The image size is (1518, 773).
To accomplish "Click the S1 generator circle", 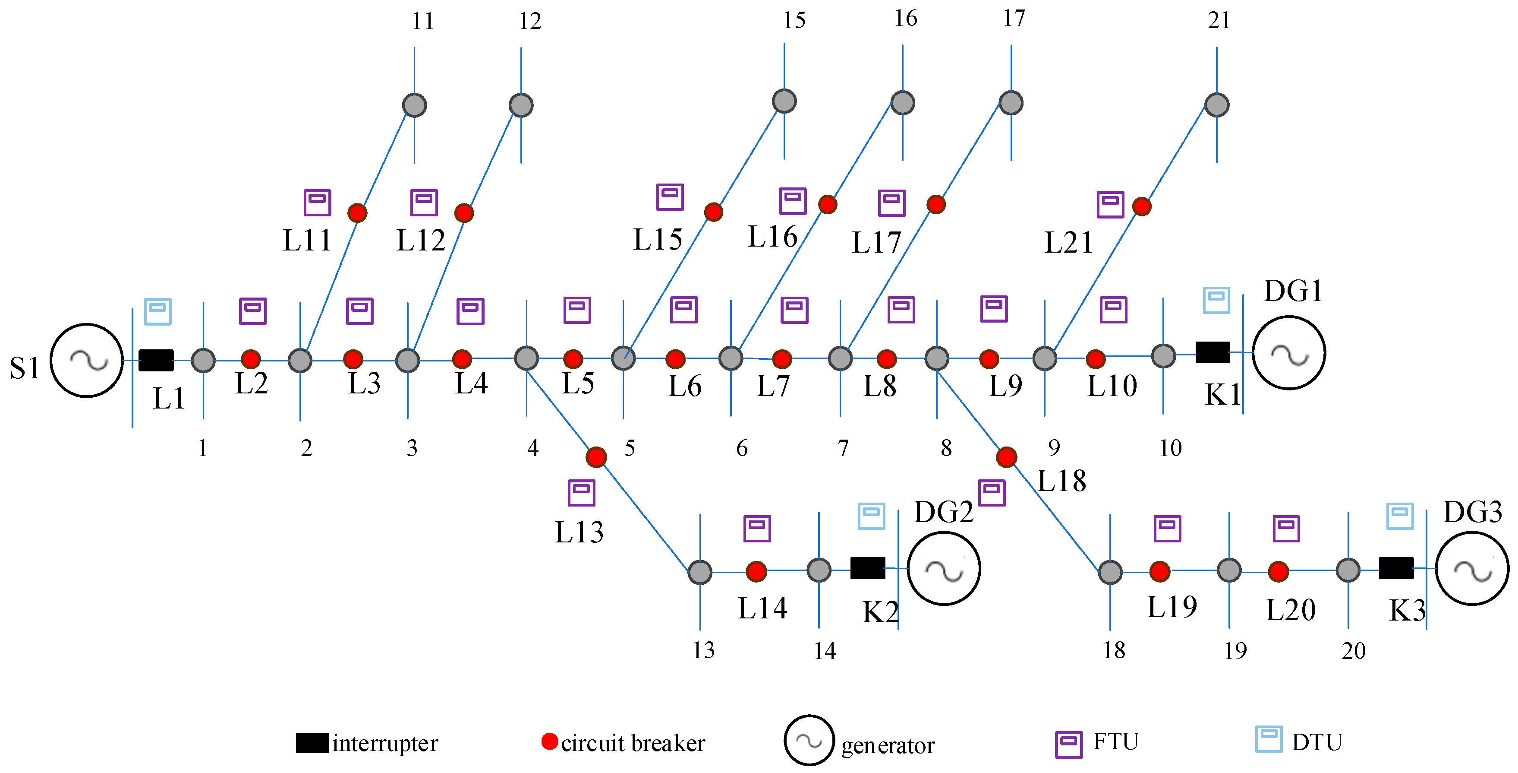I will [x=87, y=360].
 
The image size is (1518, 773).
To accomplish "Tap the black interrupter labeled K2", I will [x=867, y=568].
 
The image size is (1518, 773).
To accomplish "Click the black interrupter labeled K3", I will [x=1396, y=568].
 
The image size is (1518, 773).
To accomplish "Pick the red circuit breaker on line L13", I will [x=596, y=456].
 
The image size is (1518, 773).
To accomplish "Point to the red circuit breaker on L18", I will [x=1007, y=456].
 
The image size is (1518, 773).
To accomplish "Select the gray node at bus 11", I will [x=414, y=105].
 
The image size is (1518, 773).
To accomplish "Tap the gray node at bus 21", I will [x=1217, y=105].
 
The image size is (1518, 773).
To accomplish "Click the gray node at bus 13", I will [x=700, y=572].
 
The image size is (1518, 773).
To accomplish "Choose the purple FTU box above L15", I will [x=670, y=196].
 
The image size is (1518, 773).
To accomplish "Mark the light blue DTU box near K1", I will [x=1216, y=300].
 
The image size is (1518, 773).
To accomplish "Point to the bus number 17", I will [x=1014, y=19].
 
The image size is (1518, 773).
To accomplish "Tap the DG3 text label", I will [x=1472, y=512].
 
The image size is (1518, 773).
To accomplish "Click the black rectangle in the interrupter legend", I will [x=312, y=742].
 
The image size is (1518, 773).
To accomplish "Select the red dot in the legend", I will [x=549, y=741].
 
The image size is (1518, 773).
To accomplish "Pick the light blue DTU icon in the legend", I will [x=1268, y=739].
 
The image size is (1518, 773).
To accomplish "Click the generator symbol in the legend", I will [x=809, y=741].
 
